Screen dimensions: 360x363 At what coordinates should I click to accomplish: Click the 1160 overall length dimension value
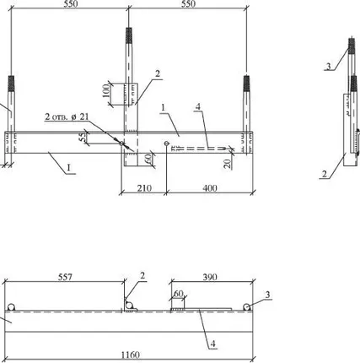click(x=130, y=355)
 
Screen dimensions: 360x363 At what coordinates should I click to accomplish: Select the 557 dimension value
click(x=65, y=277)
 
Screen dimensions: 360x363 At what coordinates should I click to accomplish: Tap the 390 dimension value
click(x=210, y=277)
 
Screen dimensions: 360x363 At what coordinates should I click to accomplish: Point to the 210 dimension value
click(x=144, y=188)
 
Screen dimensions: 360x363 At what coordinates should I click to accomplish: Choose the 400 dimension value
click(x=210, y=188)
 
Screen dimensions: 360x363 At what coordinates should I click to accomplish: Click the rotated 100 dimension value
click(x=106, y=90)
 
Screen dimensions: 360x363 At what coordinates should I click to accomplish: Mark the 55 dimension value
click(x=82, y=138)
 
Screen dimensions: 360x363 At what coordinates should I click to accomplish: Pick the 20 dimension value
click(x=228, y=164)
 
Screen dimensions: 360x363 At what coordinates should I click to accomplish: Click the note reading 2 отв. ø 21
click(x=67, y=116)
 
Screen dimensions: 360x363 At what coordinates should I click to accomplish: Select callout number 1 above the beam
click(x=164, y=107)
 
